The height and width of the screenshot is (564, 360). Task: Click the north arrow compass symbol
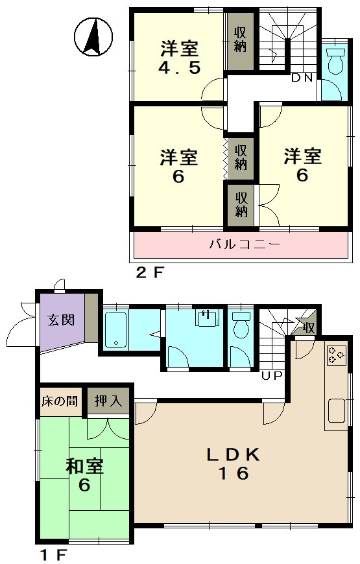(93, 37)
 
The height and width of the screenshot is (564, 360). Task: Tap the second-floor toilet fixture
(335, 60)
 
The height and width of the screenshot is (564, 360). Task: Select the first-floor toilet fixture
(241, 324)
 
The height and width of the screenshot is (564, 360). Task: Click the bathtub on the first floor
(116, 330)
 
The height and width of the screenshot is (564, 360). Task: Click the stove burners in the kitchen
(336, 355)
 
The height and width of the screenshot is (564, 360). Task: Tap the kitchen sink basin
(337, 411)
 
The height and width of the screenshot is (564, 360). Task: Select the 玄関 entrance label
(62, 320)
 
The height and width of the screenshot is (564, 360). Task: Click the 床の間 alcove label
(60, 401)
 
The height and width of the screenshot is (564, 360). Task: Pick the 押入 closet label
(108, 401)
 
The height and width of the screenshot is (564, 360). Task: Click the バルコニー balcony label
(245, 245)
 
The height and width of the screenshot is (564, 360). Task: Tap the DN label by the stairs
(302, 78)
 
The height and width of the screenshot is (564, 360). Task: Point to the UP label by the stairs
(272, 376)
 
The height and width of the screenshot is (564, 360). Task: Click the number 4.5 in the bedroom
(179, 67)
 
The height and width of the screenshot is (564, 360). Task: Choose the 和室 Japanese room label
(85, 467)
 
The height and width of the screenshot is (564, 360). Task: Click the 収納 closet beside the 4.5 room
(241, 40)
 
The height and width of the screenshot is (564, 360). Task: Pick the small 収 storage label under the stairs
(309, 328)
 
